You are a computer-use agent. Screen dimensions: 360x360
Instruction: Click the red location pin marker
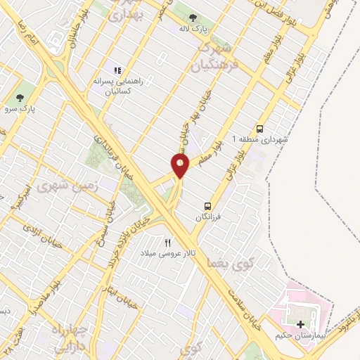tap(181, 166)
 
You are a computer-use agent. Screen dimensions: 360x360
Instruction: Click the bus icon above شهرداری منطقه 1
tap(260, 128)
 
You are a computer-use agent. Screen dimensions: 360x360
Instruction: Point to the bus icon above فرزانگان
tap(208, 205)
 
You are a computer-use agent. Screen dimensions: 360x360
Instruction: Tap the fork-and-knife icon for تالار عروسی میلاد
tap(168, 242)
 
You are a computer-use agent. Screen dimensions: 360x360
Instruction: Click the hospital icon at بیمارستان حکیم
tap(302, 324)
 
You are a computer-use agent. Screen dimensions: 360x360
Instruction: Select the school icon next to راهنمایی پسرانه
tap(117, 71)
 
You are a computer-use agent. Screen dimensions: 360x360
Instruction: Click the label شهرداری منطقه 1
tap(260, 140)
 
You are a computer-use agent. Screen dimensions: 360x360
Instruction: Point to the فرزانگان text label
tap(210, 217)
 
